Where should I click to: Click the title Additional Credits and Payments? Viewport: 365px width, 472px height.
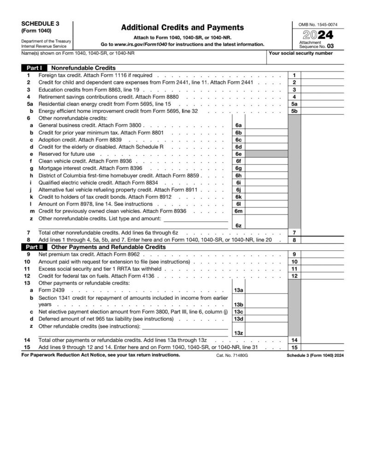coord(182,28)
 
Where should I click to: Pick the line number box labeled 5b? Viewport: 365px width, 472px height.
coord(294,111)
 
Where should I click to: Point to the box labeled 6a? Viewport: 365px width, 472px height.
coord(238,125)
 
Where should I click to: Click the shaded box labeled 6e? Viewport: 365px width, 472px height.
coord(238,153)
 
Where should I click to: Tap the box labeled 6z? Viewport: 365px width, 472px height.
coord(238,225)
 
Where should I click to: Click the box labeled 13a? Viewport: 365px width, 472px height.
coord(238,290)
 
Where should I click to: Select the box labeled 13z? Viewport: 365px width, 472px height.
coord(238,333)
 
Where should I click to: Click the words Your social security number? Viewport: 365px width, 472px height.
coord(300,53)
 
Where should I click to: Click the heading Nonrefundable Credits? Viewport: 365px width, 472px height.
coord(83,68)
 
